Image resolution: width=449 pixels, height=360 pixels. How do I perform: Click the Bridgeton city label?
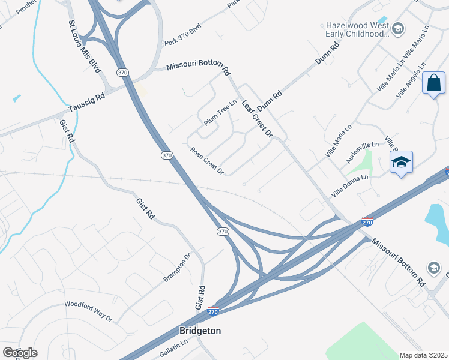(x=200, y=331)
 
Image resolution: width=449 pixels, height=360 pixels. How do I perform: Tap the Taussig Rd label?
(x=86, y=102)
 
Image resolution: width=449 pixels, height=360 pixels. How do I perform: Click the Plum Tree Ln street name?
(x=221, y=112)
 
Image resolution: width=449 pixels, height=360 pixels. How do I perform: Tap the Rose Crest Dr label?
(x=206, y=161)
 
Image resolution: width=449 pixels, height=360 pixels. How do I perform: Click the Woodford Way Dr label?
(x=88, y=310)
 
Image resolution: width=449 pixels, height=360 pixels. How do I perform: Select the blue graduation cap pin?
(x=401, y=162)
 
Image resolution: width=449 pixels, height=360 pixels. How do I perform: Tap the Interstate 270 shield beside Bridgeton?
(x=212, y=311)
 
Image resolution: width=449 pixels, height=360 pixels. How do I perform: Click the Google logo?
(x=20, y=353)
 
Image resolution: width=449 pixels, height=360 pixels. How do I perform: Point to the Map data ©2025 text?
(x=424, y=355)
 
